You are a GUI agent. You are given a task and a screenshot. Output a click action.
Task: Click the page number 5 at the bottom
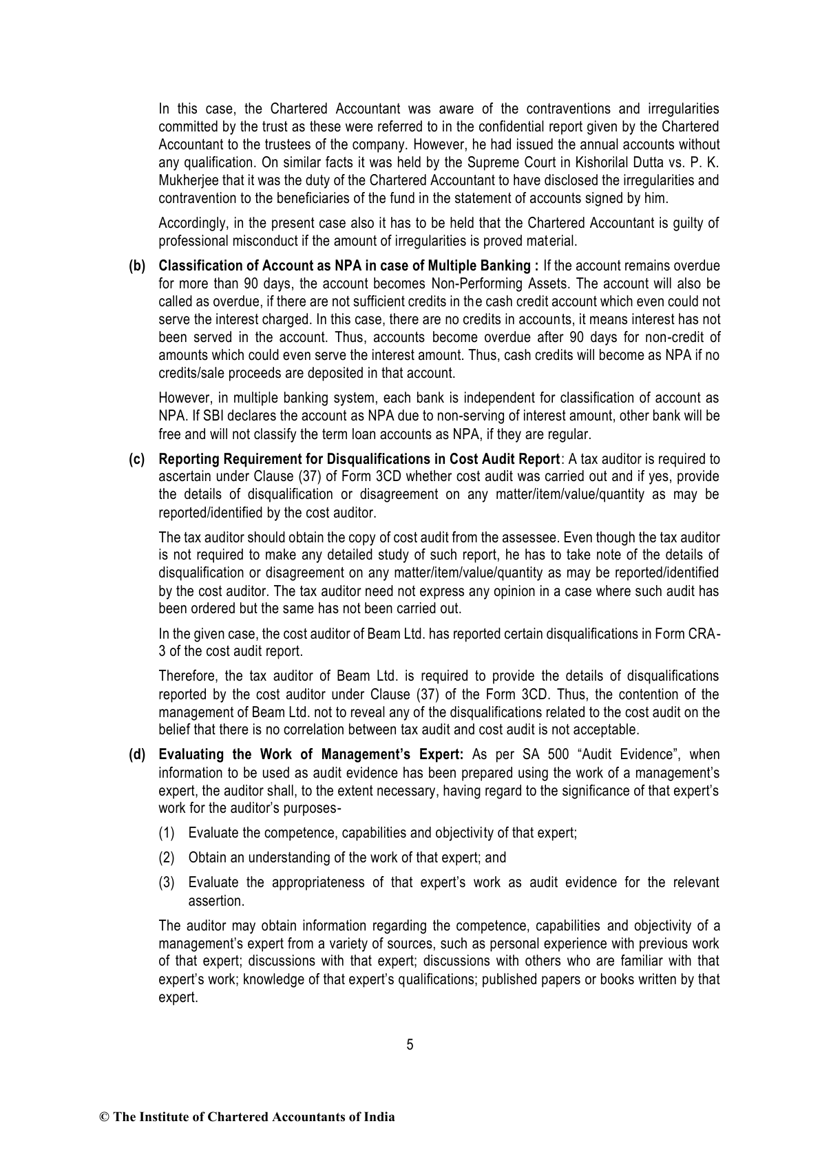tap(410, 1044)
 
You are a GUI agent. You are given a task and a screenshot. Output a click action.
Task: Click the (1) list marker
tap(167, 833)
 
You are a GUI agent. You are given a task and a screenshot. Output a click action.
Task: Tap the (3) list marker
tap(167, 882)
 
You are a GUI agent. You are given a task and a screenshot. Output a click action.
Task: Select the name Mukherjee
tap(185, 181)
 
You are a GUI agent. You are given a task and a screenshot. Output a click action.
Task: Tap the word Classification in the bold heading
tap(196, 266)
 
